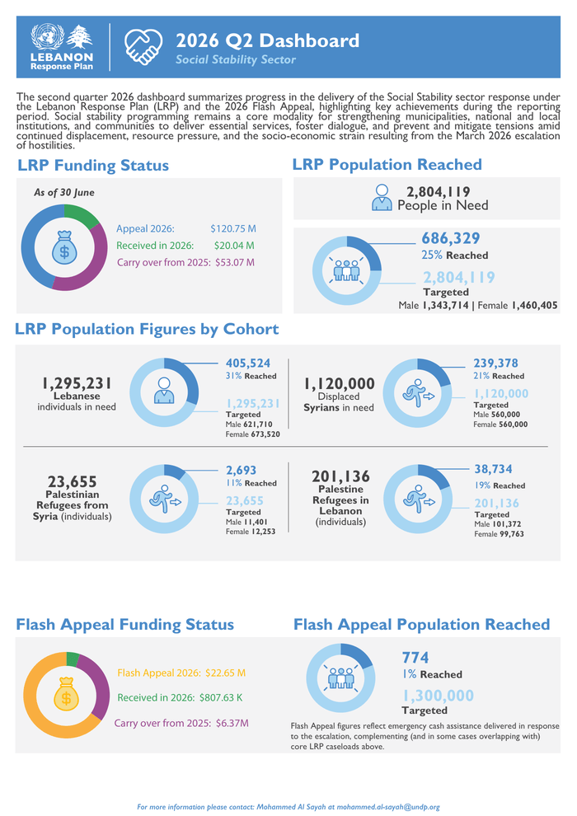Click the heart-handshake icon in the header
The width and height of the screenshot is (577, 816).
click(143, 46)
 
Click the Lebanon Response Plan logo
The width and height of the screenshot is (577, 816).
click(62, 47)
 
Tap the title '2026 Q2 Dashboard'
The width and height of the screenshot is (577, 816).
click(267, 40)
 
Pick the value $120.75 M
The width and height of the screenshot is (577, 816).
click(233, 228)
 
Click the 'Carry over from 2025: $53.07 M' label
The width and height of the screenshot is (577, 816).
click(185, 262)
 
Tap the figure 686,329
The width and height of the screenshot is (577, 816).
click(451, 238)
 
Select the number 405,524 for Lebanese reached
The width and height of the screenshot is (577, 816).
click(247, 363)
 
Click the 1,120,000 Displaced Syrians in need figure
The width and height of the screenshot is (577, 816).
click(340, 383)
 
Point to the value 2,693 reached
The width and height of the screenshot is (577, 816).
click(241, 471)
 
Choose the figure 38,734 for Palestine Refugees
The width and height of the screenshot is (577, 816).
click(493, 469)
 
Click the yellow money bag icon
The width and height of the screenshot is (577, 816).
click(66, 694)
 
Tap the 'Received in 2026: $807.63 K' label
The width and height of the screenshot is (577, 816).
click(180, 697)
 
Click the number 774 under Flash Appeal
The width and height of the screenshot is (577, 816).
click(415, 658)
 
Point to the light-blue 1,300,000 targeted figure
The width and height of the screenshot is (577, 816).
click(438, 696)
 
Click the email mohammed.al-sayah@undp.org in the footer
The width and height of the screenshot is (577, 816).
click(388, 807)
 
